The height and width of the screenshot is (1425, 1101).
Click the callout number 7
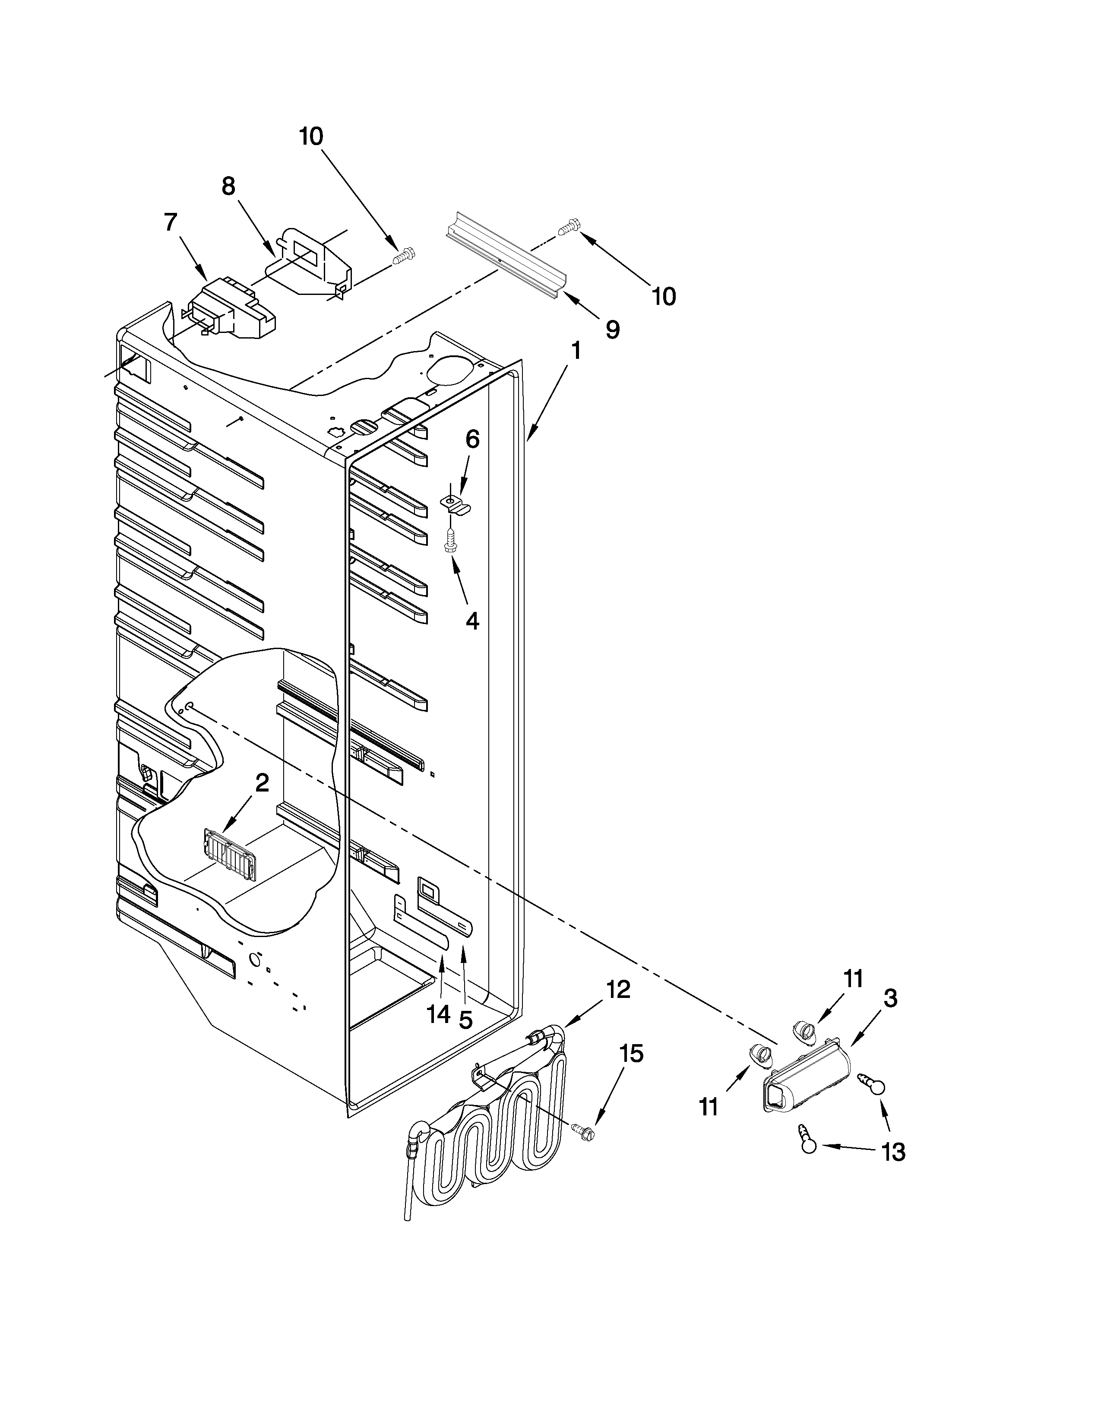tap(170, 222)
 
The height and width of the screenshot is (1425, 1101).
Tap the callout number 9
tap(612, 329)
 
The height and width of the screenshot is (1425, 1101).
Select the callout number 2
tap(262, 782)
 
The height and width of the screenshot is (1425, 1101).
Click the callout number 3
tap(890, 998)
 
